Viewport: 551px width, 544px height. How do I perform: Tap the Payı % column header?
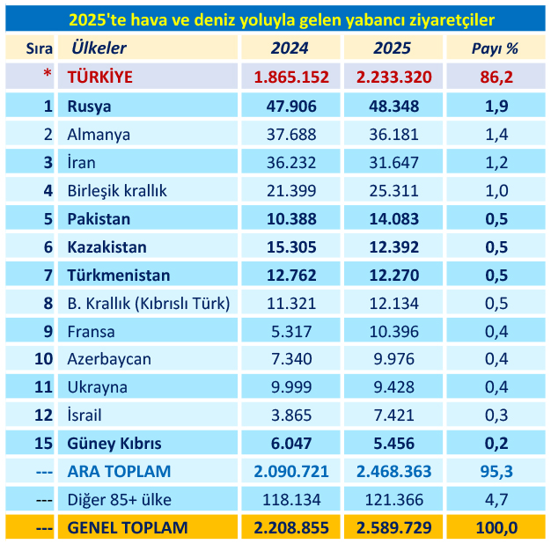point(496,48)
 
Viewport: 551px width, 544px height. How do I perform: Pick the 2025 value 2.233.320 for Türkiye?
point(394,77)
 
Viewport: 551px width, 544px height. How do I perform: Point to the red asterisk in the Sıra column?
point(48,77)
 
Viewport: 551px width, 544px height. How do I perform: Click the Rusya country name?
point(89,107)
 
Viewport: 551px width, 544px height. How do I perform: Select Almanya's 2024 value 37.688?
point(291,135)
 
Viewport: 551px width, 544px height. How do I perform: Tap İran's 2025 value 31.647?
point(394,163)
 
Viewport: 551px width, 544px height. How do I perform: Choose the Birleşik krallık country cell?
point(117,191)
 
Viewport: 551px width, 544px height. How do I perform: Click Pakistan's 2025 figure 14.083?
point(394,219)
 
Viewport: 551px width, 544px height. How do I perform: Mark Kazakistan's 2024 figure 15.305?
point(291,247)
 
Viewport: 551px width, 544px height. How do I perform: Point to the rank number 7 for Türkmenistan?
point(48,276)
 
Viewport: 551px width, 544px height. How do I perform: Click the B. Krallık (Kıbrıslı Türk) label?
point(148,304)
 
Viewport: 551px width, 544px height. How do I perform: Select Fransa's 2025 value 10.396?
point(394,332)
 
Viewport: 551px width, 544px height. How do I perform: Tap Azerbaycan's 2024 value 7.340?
point(291,359)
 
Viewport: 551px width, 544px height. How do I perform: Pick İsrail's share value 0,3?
point(496,415)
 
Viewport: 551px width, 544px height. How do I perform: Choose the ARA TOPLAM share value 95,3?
point(496,472)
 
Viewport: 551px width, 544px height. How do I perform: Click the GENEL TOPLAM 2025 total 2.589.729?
point(394,528)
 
